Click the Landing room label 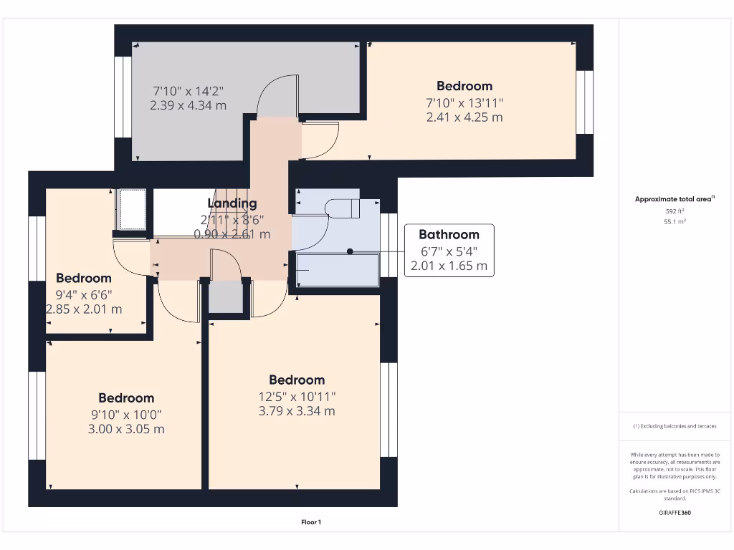(232, 203)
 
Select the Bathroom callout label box (449, 250)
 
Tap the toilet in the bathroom (343, 208)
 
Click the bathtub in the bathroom (336, 270)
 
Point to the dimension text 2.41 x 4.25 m (464, 117)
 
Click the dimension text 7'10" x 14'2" (189, 91)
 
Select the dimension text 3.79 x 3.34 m (297, 411)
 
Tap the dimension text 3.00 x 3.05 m (126, 429)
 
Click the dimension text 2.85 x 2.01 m (84, 309)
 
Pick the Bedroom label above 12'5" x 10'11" (297, 380)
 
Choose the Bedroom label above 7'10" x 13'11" (464, 86)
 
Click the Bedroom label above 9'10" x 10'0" (126, 397)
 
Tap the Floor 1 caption (311, 522)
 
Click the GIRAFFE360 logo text (675, 513)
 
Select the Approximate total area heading (675, 200)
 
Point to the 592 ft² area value (675, 211)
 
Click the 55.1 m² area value (675, 223)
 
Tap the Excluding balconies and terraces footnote (675, 426)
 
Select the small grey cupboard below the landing (226, 297)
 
